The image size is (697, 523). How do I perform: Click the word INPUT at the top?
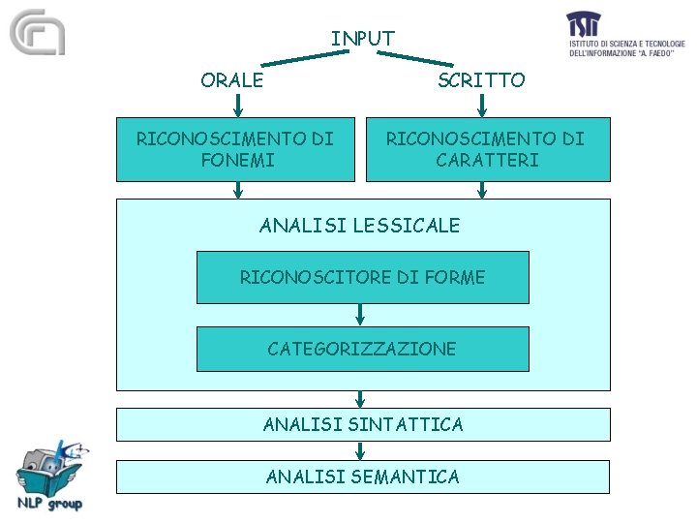[x=362, y=39]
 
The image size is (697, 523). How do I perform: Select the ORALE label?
[x=231, y=80]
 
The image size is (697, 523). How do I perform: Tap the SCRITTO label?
[x=481, y=80]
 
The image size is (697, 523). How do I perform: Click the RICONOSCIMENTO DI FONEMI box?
[x=235, y=149]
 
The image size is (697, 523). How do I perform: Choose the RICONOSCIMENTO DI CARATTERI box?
[x=487, y=149]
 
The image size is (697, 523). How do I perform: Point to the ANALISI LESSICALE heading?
[x=360, y=226]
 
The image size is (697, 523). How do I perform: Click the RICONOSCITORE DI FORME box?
[x=362, y=277]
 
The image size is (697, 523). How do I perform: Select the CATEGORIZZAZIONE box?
[x=362, y=349]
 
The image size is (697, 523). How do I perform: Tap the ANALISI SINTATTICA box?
[x=363, y=424]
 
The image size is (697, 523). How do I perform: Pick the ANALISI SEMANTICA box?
[x=363, y=477]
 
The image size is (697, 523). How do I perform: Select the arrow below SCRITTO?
[x=481, y=105]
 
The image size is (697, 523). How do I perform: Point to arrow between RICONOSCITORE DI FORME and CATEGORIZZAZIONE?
[x=361, y=315]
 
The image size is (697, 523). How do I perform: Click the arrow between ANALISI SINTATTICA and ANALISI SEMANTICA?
[x=361, y=450]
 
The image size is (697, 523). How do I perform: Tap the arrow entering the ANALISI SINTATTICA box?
[x=361, y=398]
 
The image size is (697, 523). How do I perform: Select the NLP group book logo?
[x=49, y=475]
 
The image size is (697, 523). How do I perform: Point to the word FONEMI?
[x=237, y=160]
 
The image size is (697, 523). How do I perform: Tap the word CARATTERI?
[x=487, y=160]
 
